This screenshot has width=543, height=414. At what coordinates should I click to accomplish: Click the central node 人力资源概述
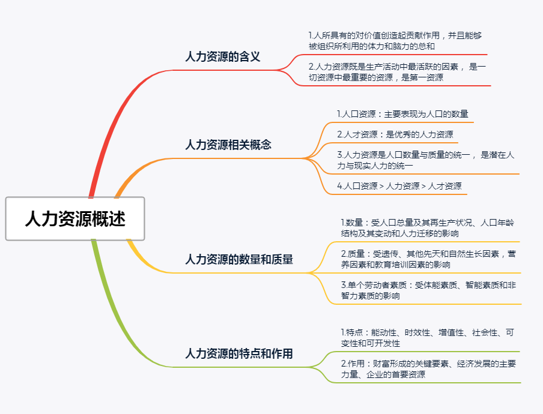click(75, 218)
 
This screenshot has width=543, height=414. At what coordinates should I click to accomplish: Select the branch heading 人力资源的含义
click(222, 57)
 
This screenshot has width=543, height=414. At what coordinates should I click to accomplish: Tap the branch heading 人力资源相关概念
click(228, 145)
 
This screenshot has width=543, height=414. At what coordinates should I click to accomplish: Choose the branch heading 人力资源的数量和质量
click(239, 259)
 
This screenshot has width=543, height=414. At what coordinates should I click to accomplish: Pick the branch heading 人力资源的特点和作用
click(239, 353)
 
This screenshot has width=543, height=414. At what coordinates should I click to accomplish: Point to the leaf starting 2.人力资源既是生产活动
click(397, 71)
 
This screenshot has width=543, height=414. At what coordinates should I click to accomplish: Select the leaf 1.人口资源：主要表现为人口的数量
click(402, 114)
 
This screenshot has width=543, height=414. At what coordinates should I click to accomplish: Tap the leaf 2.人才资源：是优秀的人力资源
click(395, 134)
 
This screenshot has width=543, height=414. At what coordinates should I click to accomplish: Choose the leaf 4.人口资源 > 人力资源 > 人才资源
click(399, 186)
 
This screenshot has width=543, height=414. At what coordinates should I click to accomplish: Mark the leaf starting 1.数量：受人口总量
click(427, 228)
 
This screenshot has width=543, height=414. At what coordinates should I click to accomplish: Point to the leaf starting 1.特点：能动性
click(427, 338)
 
